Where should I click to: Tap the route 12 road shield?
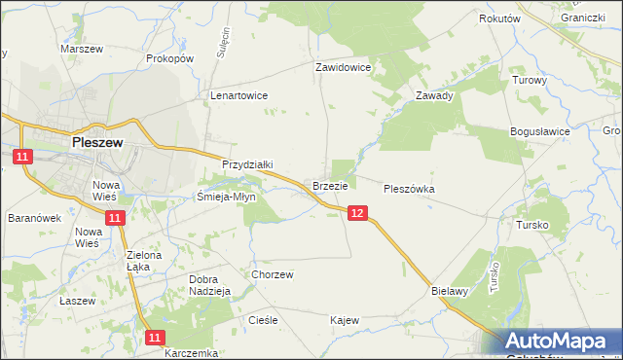[x=357, y=213]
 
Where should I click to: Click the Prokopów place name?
[x=171, y=58]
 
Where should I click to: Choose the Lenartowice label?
[x=239, y=96]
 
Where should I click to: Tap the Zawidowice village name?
[x=343, y=68]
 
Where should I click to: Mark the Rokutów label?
[x=500, y=18]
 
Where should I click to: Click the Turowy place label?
[x=530, y=80]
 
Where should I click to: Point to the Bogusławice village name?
[x=539, y=130]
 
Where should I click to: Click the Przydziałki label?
[x=248, y=165]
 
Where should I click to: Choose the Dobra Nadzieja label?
[x=208, y=284]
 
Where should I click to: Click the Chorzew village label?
[x=273, y=274]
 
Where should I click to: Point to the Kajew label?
[x=345, y=320]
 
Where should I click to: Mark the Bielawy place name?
[x=450, y=290]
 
